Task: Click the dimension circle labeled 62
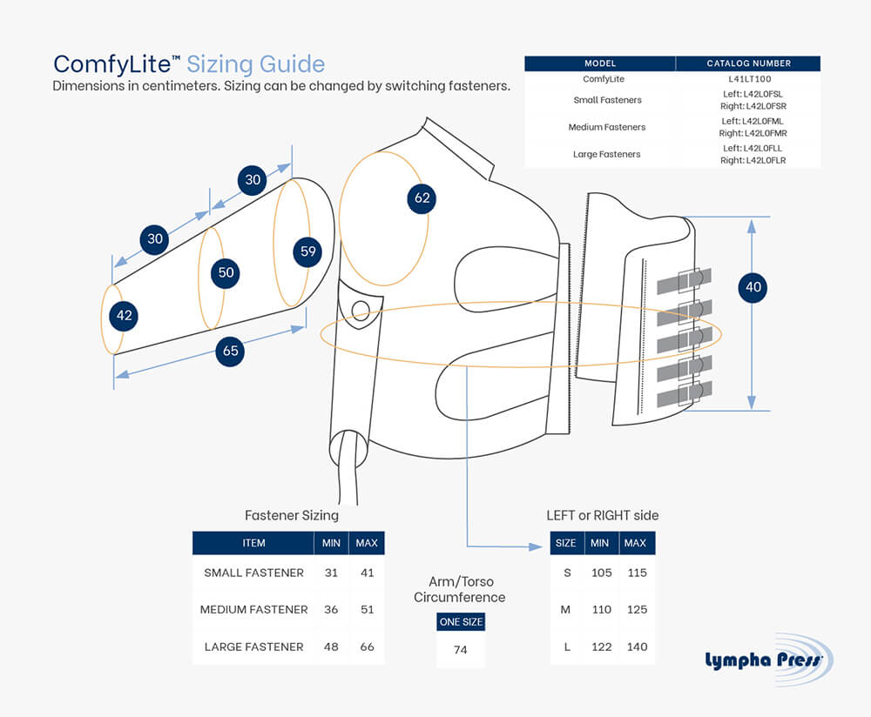pyautogui.click(x=422, y=198)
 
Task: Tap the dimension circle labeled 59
pyautogui.click(x=307, y=251)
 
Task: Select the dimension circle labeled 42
pyautogui.click(x=124, y=315)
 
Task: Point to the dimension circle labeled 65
pyautogui.click(x=230, y=352)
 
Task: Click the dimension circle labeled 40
pyautogui.click(x=753, y=286)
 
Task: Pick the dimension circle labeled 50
pyautogui.click(x=226, y=272)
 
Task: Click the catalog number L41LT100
pyautogui.click(x=748, y=79)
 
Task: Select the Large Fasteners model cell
pyautogui.click(x=600, y=154)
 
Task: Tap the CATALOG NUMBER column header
pyautogui.click(x=748, y=64)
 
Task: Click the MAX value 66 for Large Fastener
pyautogui.click(x=367, y=647)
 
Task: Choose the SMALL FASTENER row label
pyautogui.click(x=253, y=573)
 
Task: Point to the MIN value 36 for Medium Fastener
pyautogui.click(x=331, y=609)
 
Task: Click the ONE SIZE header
pyautogui.click(x=461, y=621)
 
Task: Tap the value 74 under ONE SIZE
pyautogui.click(x=461, y=650)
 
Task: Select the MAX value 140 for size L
pyautogui.click(x=637, y=647)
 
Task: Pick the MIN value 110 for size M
pyautogui.click(x=601, y=609)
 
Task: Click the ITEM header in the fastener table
pyautogui.click(x=253, y=543)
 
